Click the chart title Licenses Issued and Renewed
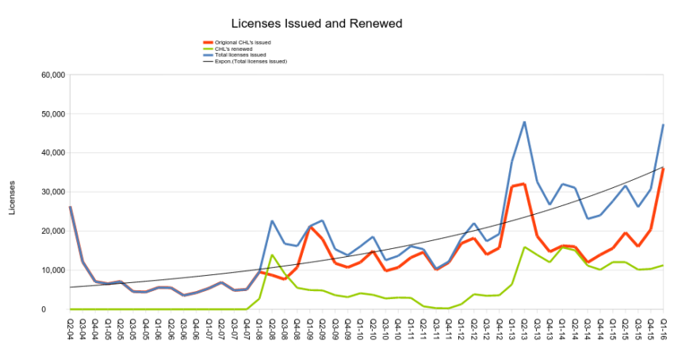click(316, 24)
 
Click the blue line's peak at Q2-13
click(524, 122)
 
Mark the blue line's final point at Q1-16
click(663, 125)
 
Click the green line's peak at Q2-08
click(272, 255)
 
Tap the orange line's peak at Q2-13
click(524, 184)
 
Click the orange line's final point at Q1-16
click(663, 168)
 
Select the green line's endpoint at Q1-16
click(663, 266)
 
